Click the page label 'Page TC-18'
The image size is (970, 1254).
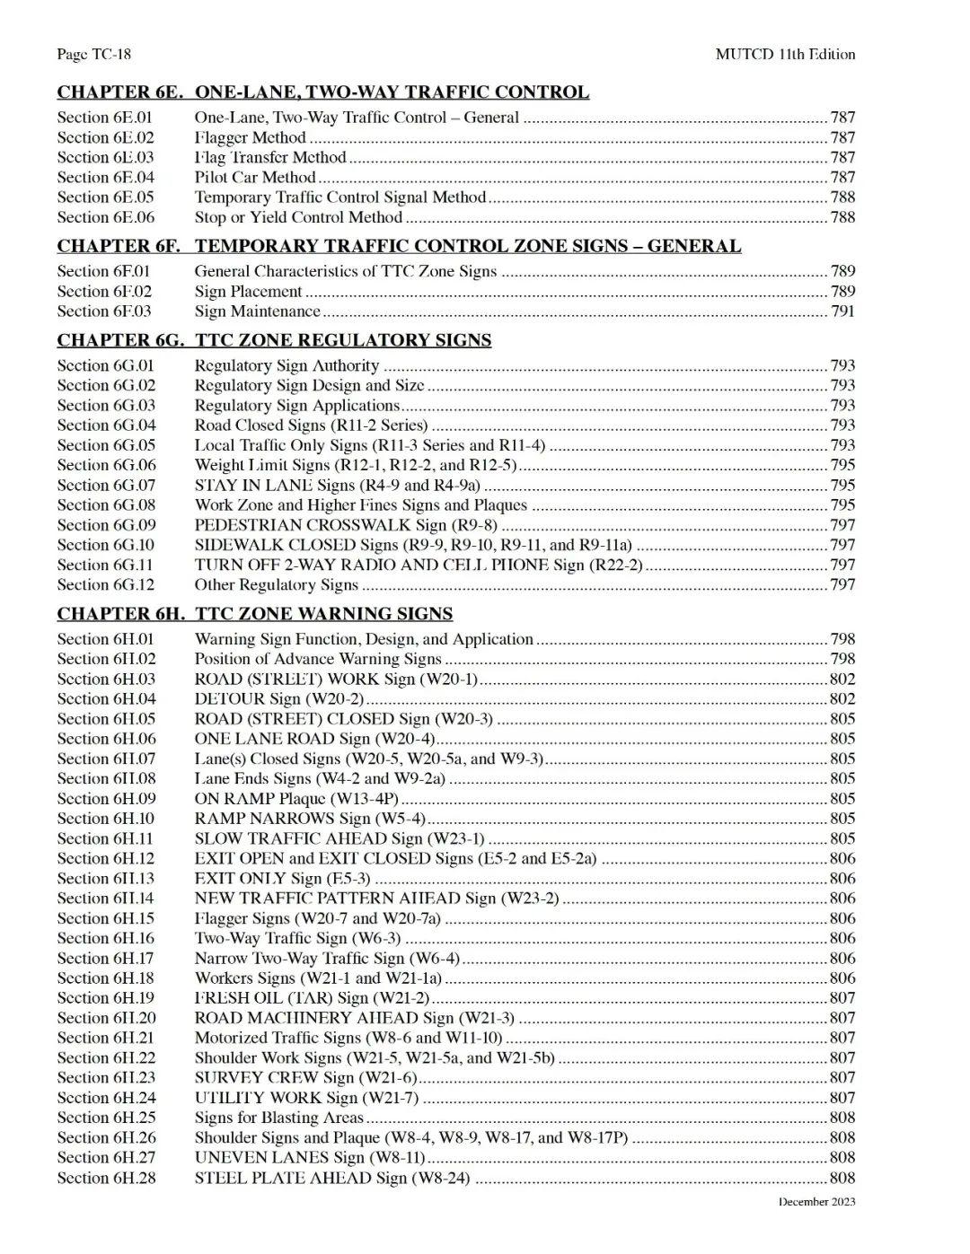click(93, 55)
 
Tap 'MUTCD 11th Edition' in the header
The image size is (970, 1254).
click(785, 55)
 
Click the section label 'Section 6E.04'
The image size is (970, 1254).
click(105, 178)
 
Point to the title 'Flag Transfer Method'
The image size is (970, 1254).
click(270, 158)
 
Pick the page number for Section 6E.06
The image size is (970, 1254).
click(842, 217)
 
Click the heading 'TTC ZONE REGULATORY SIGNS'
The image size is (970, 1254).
click(343, 340)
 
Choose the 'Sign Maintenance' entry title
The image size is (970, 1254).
click(257, 311)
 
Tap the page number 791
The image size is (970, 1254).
click(842, 311)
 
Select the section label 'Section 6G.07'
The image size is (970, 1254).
click(106, 486)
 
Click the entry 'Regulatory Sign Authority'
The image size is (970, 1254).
click(287, 366)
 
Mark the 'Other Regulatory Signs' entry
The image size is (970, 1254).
click(276, 585)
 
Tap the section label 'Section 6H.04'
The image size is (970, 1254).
click(106, 699)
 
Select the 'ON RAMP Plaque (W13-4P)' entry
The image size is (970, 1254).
click(296, 799)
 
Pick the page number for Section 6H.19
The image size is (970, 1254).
click(842, 998)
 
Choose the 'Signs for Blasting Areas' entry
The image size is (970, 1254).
click(278, 1118)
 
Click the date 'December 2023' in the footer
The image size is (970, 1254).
click(816, 1202)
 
